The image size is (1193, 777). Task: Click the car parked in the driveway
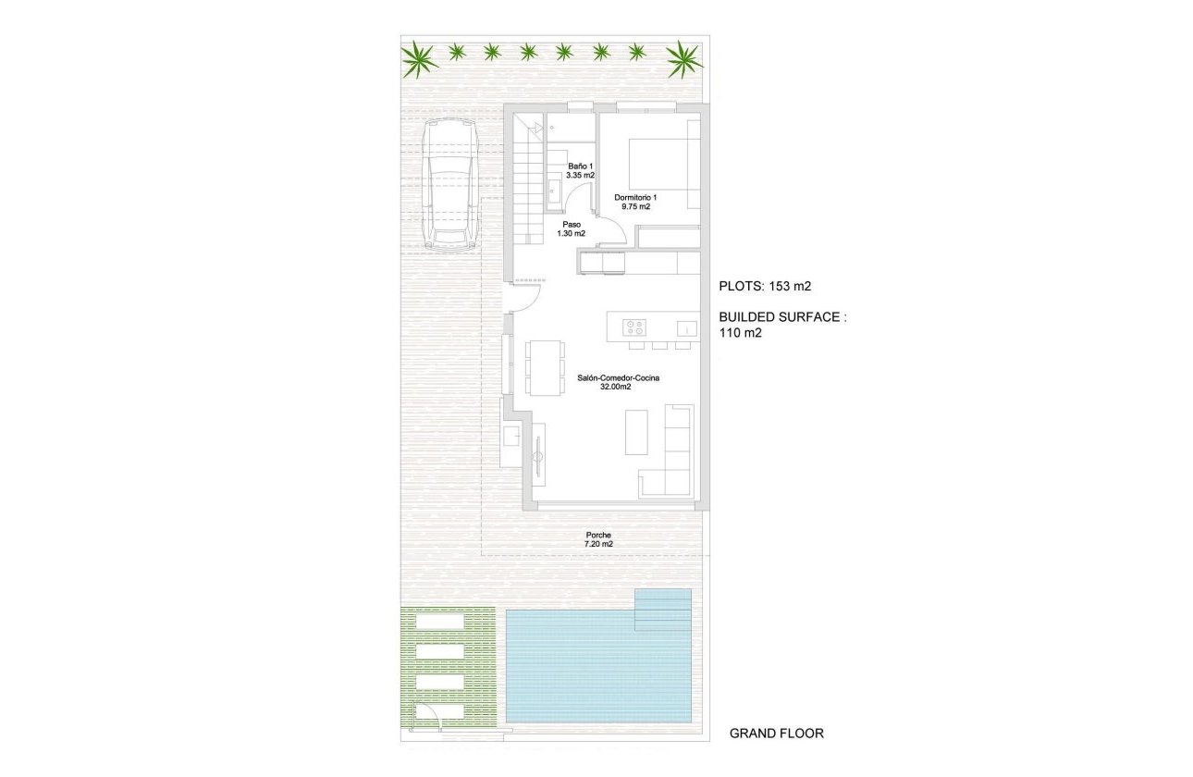tap(448, 188)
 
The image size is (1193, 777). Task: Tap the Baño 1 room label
tap(581, 170)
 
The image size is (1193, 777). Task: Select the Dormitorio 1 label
tap(636, 202)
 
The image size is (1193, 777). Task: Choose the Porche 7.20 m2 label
tap(598, 539)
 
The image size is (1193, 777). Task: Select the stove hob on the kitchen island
tap(634, 327)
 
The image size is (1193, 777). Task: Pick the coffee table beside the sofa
tap(636, 432)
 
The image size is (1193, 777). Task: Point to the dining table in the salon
tap(544, 368)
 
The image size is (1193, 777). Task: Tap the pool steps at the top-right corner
tap(663, 609)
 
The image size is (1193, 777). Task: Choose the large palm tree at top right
tap(684, 58)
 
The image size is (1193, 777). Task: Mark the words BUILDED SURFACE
tap(782, 317)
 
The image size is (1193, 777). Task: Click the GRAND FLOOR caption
tap(776, 734)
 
